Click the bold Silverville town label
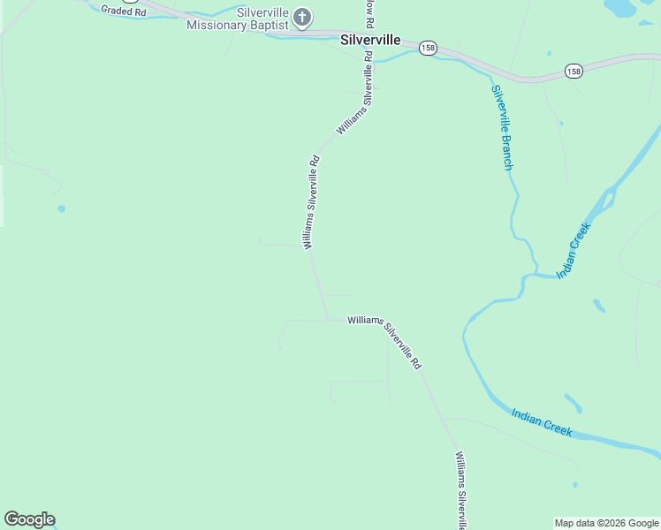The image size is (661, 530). pos(370,40)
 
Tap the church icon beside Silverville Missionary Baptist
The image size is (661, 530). pos(302,17)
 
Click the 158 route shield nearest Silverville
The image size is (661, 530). pos(428,48)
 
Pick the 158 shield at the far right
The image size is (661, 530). pos(574,71)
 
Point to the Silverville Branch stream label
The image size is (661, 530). pos(502,127)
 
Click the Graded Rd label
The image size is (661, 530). pos(123,11)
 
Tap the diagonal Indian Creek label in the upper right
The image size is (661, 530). pos(574,250)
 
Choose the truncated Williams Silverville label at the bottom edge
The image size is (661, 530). pos(460,489)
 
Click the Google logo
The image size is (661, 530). pos(29,519)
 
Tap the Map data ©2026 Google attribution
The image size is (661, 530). pos(606,523)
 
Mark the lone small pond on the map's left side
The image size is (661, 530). pos(61,208)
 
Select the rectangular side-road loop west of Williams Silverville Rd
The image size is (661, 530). pos(360,391)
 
